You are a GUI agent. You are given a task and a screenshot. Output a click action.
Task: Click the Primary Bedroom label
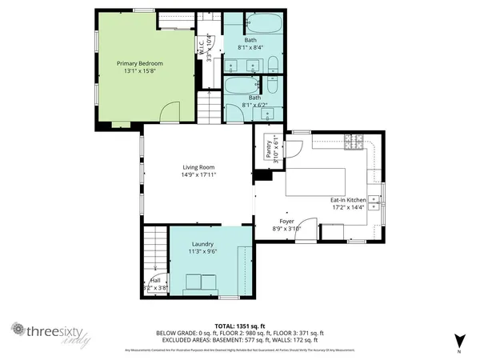coord(140,63)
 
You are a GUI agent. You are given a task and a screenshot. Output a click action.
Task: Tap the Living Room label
coord(199,167)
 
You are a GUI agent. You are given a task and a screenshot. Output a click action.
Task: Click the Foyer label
coord(286,221)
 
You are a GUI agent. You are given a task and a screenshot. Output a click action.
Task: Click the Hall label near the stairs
coord(154,280)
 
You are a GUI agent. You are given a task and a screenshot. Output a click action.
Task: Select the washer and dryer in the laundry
coord(202,282)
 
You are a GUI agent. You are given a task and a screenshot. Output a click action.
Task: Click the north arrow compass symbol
coord(458,341)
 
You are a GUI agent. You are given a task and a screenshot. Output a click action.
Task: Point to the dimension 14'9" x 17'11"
coord(199,174)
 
